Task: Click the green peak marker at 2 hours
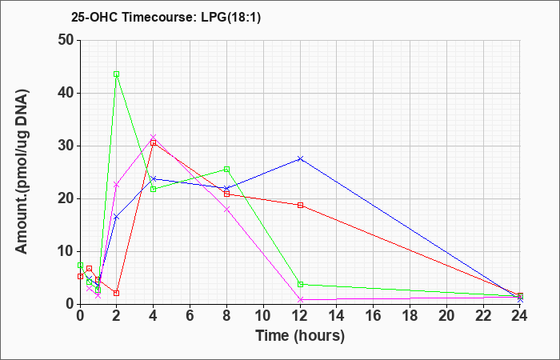(x=117, y=74)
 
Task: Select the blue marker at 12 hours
(x=300, y=158)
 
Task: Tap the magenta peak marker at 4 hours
(x=154, y=137)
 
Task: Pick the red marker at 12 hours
(x=300, y=205)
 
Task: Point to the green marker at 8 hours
(x=226, y=170)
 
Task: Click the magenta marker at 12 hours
(x=300, y=300)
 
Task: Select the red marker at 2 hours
(x=117, y=294)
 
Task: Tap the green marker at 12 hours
(x=300, y=284)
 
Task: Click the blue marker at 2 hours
(x=117, y=217)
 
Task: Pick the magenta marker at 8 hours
(x=226, y=210)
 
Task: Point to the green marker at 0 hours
(x=80, y=266)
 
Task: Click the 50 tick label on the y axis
(x=66, y=40)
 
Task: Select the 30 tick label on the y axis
(x=66, y=146)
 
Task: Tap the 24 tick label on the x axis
(x=519, y=315)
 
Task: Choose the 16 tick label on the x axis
(x=373, y=315)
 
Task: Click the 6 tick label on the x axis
(x=190, y=315)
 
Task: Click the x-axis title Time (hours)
(x=300, y=336)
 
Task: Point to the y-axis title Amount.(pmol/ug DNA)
(x=22, y=172)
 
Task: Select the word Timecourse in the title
(x=158, y=17)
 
